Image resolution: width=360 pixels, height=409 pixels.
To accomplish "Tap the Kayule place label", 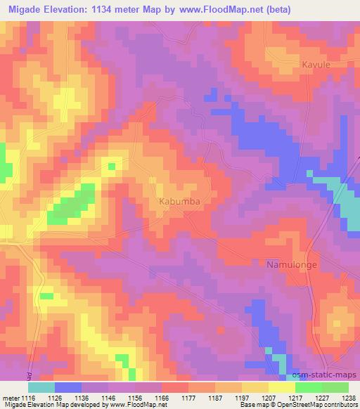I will (x=314, y=64).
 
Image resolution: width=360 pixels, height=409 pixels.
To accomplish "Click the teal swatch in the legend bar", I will (x=41, y=387).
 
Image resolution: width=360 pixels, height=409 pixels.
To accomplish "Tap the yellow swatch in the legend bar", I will (x=281, y=387).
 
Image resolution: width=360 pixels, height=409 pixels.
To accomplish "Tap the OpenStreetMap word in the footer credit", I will (x=312, y=405).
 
